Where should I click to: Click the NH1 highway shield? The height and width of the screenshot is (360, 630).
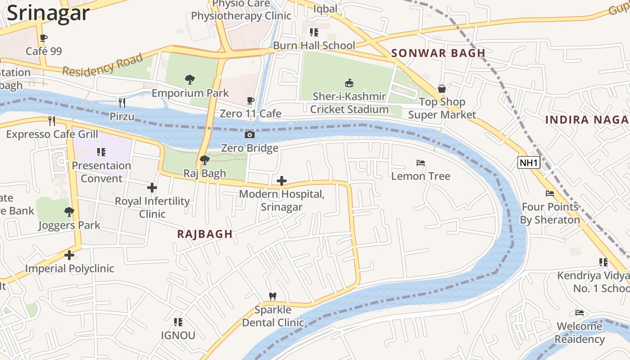coord(528,162)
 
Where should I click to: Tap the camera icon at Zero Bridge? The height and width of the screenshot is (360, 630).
coord(249,135)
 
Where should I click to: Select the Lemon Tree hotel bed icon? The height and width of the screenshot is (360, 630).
coord(421,163)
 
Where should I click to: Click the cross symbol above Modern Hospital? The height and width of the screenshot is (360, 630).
coord(282,181)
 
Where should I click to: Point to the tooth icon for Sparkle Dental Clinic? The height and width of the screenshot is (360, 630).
coord(272,296)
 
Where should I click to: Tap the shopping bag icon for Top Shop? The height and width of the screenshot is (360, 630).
coord(442,89)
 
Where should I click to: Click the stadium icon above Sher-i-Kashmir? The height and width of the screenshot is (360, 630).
coord(349,83)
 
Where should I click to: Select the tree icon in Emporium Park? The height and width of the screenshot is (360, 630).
coord(190,80)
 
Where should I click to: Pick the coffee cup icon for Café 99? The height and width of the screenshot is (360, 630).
coord(43,38)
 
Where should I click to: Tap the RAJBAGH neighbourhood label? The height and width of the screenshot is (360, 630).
coord(205,234)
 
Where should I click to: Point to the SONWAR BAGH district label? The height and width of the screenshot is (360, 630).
coord(438,53)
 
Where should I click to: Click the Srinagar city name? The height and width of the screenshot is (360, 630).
coord(49,13)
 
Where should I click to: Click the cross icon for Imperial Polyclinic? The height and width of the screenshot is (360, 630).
coord(69,255)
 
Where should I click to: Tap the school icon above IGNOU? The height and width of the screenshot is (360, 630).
coord(178,322)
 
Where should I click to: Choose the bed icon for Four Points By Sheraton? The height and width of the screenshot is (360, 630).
coord(550,193)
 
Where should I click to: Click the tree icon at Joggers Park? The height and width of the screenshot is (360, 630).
coord(69,211)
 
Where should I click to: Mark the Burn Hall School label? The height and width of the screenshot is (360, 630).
coord(314,45)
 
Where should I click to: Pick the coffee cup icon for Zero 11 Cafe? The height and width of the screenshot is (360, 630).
coord(251,100)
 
